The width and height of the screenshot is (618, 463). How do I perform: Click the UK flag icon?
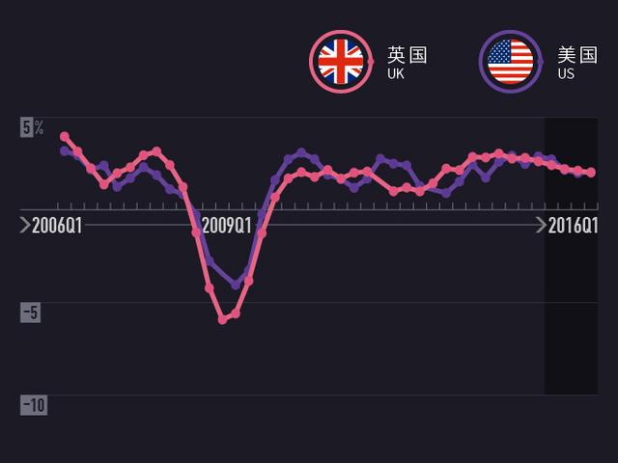coord(340,61)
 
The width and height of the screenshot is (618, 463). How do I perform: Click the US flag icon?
coord(511,61)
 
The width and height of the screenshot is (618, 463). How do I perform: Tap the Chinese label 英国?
coord(407,54)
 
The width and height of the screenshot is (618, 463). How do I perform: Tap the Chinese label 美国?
coord(577,54)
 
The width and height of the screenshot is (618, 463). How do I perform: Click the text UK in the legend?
coord(395,73)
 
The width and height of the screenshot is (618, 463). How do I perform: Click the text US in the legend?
coord(566,73)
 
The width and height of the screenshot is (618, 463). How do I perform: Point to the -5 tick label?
coord(32,313)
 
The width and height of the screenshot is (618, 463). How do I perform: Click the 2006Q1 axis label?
coord(56,227)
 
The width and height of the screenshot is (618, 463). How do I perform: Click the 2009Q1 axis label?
coord(228,227)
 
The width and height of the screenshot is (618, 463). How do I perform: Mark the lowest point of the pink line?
coord(222,319)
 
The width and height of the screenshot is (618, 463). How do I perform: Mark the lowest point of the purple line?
coord(236,286)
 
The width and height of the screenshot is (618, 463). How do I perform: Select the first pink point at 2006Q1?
coord(65,136)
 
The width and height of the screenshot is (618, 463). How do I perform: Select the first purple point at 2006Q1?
coord(65,150)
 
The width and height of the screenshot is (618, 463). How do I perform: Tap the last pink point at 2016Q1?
coord(592,173)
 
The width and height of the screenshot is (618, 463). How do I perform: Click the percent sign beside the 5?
coord(39,126)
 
